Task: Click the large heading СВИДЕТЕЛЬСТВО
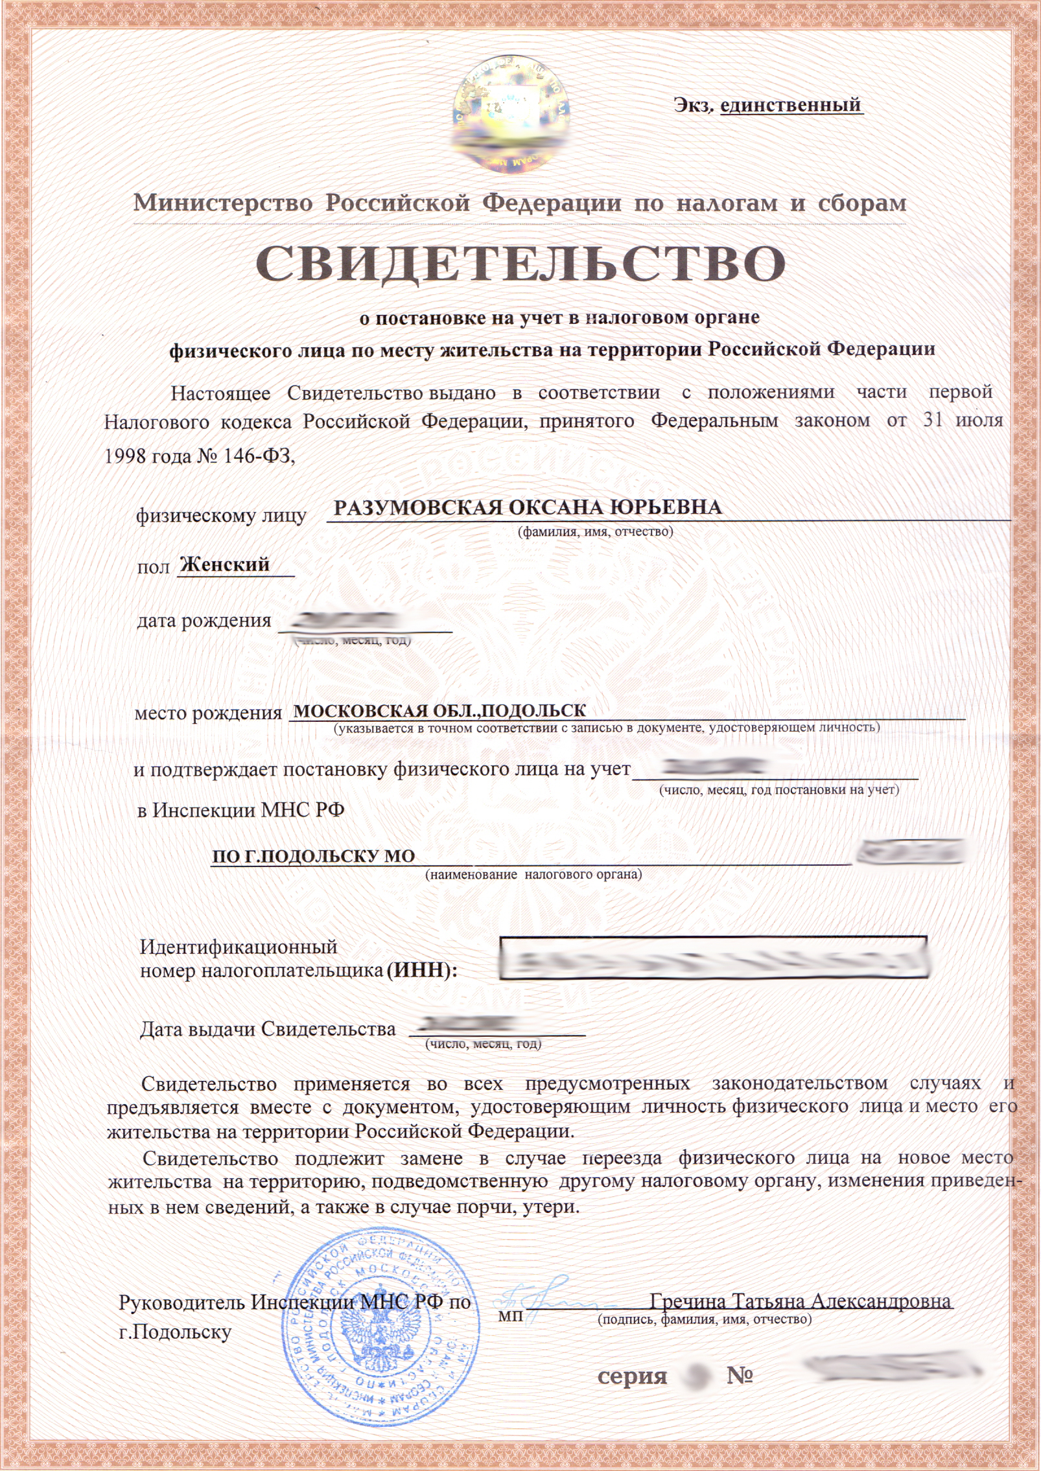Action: tap(520, 264)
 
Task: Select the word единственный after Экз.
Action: tap(790, 104)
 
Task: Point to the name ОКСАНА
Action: tap(551, 507)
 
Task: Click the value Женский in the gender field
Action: tap(224, 564)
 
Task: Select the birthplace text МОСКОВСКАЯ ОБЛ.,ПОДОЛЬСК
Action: tap(439, 712)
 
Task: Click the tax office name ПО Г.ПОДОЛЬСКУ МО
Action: tap(314, 856)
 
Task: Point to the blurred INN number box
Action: tap(713, 958)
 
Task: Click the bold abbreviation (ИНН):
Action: tap(422, 971)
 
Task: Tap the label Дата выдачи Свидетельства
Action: tap(267, 1029)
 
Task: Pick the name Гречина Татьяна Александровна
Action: tap(801, 1301)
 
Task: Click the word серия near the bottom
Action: tap(632, 1376)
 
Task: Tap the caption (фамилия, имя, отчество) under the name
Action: tap(595, 532)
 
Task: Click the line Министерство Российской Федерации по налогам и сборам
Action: tap(520, 203)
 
